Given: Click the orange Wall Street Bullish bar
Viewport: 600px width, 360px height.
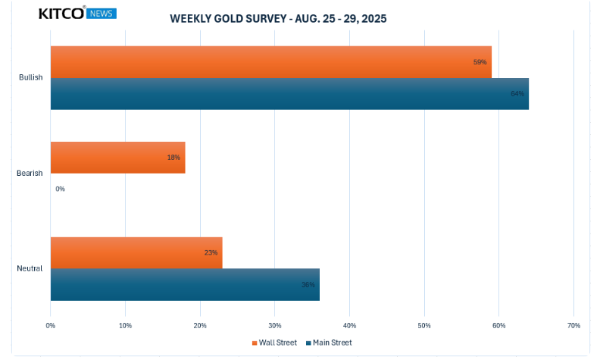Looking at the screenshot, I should [270, 62].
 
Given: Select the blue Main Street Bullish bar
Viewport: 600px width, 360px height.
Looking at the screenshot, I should [289, 94].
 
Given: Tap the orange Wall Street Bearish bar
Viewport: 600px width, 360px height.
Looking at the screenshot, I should [117, 158].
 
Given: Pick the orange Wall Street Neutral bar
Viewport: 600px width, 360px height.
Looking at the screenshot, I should [136, 252].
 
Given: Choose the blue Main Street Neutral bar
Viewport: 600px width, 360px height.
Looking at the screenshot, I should [185, 284].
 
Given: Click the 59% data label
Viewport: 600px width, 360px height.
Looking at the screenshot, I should [480, 62].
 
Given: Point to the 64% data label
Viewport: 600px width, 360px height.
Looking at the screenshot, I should [517, 94].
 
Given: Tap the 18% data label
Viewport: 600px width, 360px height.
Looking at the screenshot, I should [173, 158].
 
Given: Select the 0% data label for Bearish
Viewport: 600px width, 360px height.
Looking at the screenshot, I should [61, 189].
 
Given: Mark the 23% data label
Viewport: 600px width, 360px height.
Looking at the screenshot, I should [211, 252].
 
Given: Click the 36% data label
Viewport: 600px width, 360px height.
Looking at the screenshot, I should [308, 285].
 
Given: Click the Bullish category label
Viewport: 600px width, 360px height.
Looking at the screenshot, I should [30, 77].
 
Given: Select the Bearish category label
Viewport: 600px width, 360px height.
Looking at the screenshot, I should [30, 174].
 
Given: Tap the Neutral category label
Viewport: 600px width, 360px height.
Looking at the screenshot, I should [30, 268].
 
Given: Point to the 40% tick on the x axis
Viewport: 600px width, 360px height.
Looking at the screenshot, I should [349, 326].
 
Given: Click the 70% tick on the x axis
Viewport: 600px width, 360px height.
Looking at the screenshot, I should [573, 326].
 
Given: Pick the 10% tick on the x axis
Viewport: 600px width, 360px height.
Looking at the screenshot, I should [125, 326].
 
